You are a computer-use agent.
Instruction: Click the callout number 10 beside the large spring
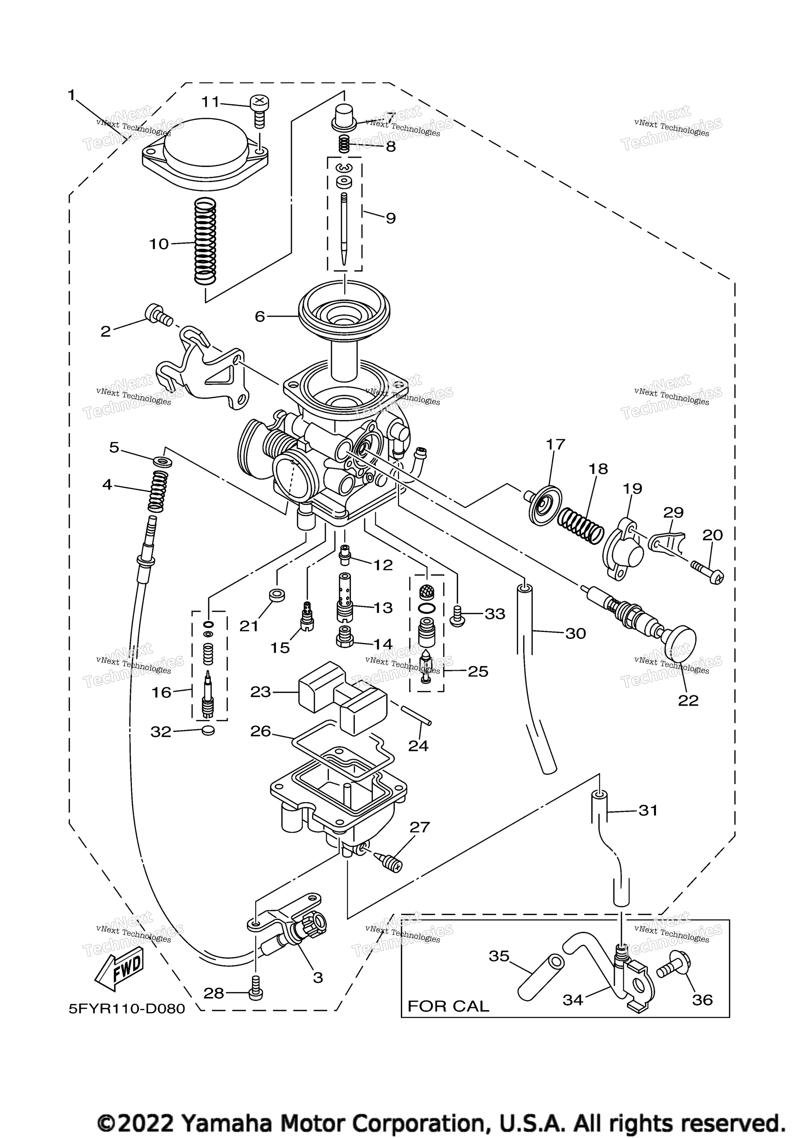159,244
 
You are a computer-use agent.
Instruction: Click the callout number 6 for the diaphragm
260,316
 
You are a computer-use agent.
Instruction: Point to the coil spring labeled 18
580,527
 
